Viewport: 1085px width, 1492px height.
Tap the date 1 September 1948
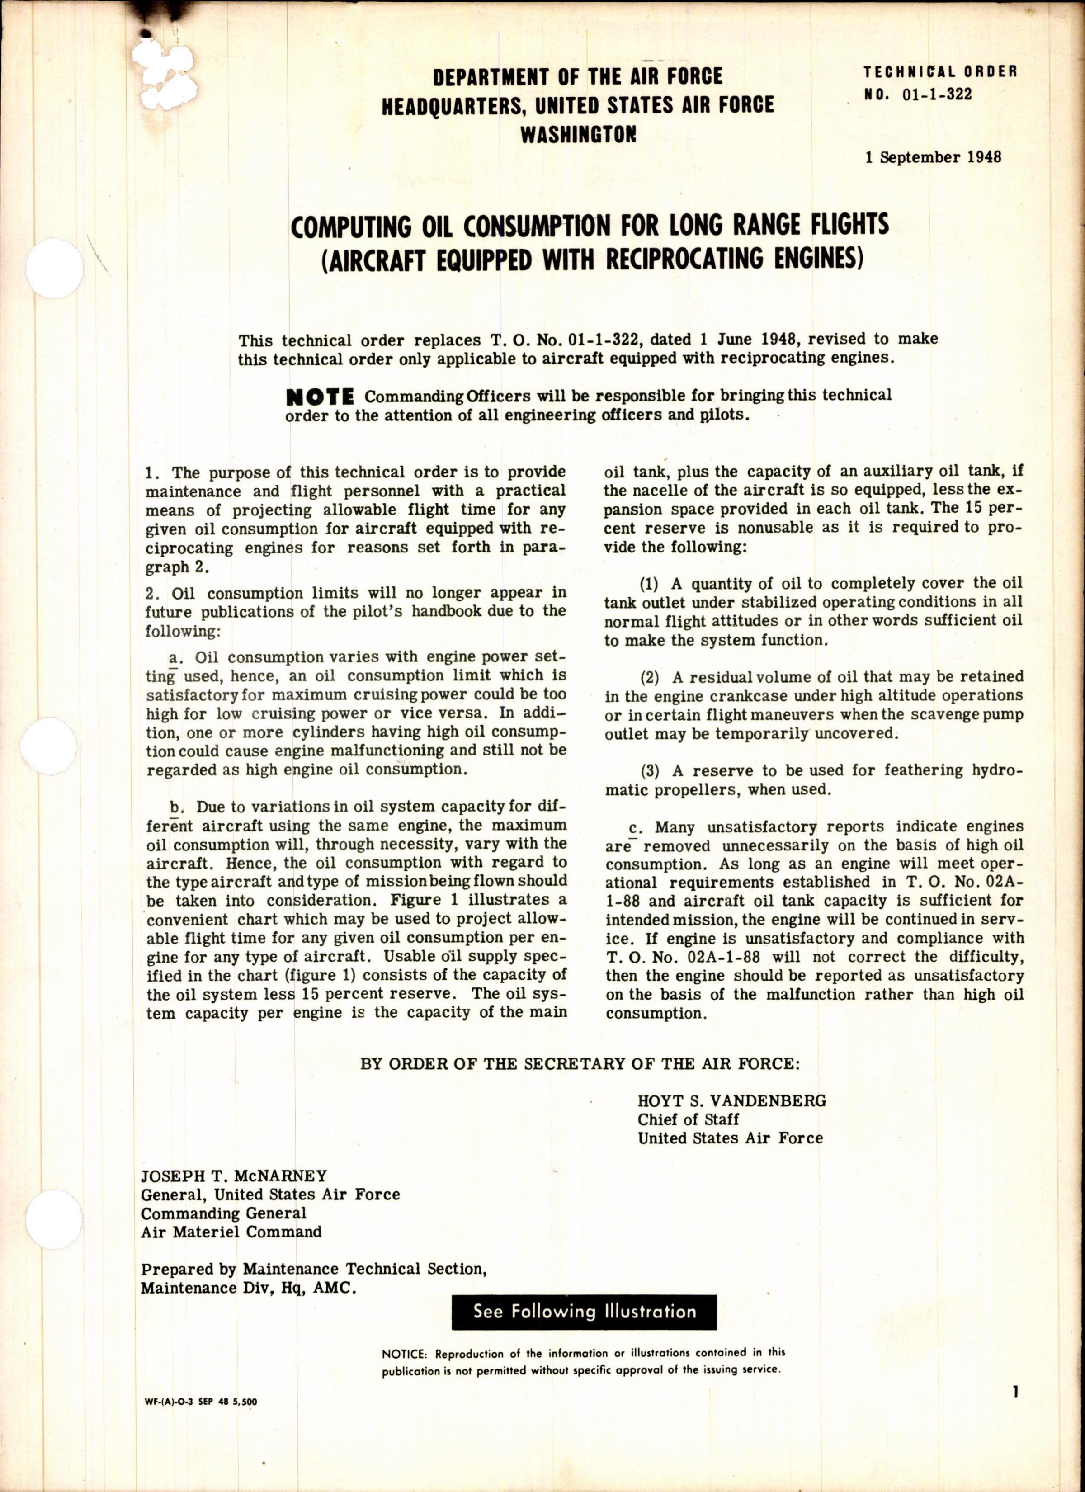(933, 157)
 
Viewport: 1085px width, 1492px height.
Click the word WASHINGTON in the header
(578, 135)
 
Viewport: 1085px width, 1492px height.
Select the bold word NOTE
(321, 397)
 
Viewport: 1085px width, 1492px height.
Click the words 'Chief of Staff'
(688, 1119)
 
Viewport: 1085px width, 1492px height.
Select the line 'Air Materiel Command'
(231, 1232)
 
